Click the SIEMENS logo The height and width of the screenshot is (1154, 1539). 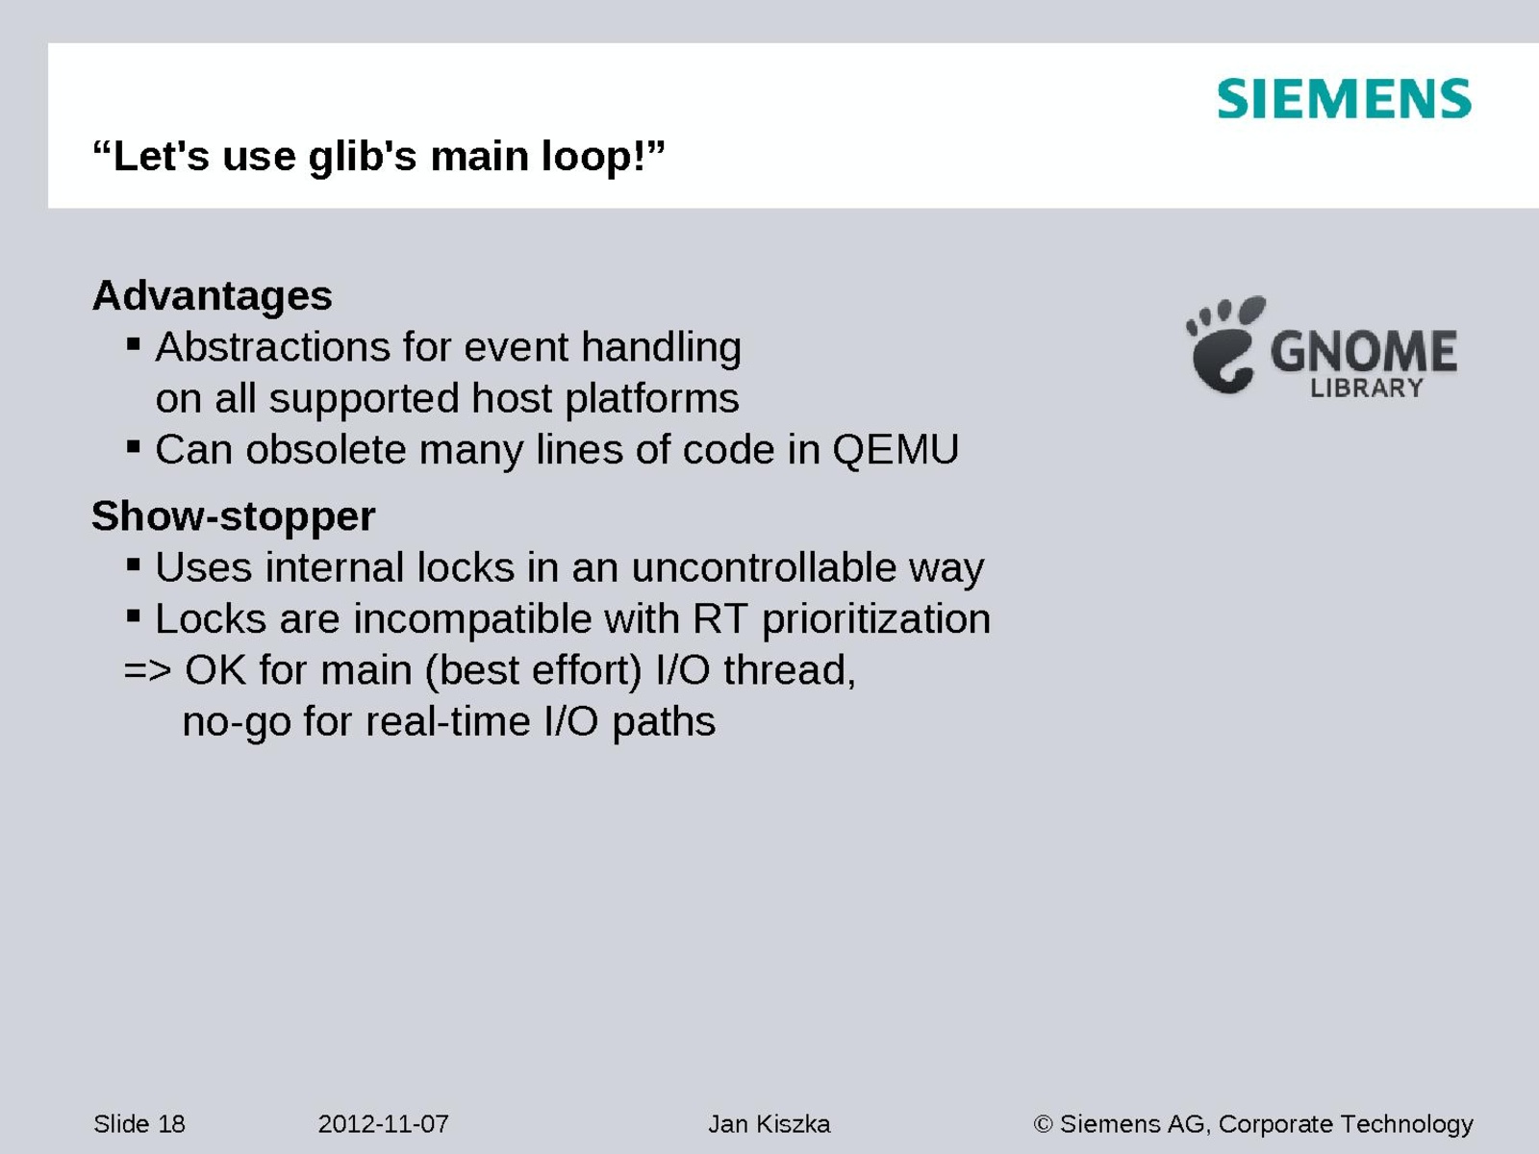[1344, 99]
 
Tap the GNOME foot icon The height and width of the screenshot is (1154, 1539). [1225, 345]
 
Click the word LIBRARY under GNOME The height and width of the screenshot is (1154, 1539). [1367, 389]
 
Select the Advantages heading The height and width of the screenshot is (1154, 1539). [212, 295]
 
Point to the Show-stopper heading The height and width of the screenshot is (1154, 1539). [234, 516]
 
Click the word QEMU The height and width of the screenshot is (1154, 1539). [896, 449]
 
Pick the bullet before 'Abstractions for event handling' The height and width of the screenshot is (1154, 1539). [133, 344]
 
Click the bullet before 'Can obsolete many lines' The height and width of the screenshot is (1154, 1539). [133, 446]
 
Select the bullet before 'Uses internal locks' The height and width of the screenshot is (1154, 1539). [133, 564]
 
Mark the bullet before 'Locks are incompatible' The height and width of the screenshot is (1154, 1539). [133, 616]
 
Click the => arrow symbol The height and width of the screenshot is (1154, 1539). [147, 670]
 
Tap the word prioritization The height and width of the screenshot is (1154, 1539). [875, 620]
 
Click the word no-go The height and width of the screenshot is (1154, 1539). [237, 722]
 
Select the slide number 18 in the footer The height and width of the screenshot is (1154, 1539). [171, 1124]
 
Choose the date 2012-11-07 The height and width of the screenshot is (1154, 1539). [383, 1124]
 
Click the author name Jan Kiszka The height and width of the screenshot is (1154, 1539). [769, 1124]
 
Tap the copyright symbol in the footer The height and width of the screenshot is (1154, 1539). [1044, 1124]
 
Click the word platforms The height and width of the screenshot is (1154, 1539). [651, 399]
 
